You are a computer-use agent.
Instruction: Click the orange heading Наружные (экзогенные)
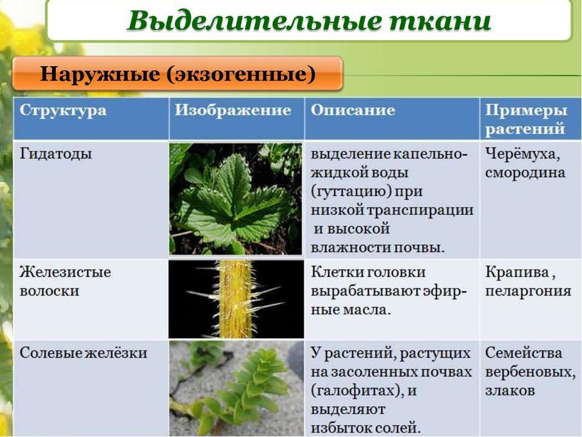178,73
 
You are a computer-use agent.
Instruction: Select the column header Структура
63,110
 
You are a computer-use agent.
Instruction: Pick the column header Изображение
233,110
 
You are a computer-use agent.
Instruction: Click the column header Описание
353,110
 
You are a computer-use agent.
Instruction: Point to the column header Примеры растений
526,120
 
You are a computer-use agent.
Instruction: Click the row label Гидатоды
56,154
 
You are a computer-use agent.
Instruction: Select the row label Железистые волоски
65,281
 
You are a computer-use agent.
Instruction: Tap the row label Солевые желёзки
83,353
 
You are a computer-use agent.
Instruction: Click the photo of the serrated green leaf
236,198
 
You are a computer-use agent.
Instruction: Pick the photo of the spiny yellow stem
236,299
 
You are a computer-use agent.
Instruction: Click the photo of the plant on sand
236,388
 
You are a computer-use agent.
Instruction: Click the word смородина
525,172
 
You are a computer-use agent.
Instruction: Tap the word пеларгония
528,291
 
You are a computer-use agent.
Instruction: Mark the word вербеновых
530,372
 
